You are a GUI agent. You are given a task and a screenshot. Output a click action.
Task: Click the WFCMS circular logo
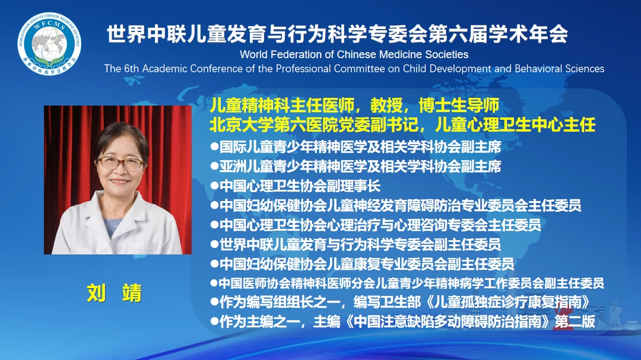[x=49, y=44]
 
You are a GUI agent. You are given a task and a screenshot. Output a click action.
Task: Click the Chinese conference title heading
[x=337, y=34]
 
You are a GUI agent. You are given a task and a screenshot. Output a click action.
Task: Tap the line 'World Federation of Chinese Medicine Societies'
[x=354, y=55]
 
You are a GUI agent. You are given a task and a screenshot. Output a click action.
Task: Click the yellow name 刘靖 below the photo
[x=115, y=293]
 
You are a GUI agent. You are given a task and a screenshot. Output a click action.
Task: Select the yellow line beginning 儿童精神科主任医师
[x=354, y=106]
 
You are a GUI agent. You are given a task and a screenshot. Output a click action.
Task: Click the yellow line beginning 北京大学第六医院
[x=402, y=125]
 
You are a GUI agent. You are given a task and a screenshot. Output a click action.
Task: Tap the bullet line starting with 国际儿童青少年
[x=356, y=146]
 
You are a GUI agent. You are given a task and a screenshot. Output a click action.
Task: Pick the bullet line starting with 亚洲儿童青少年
[x=356, y=166]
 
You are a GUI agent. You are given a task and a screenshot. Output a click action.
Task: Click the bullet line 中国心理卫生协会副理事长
[x=296, y=186]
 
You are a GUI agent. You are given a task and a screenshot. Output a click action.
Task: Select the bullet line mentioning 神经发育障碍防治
[x=396, y=205]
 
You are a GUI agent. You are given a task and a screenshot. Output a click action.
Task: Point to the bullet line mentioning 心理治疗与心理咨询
[x=376, y=225]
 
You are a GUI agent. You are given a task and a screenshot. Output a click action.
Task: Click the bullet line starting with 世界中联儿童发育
[x=356, y=244]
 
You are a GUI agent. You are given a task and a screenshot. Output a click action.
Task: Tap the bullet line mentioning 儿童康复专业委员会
[x=362, y=263]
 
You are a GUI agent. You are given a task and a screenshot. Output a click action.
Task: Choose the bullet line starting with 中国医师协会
[x=407, y=283]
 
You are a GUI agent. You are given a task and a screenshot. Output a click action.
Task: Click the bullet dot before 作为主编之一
[x=214, y=321]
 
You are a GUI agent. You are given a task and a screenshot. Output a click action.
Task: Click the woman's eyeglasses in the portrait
[x=120, y=163]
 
